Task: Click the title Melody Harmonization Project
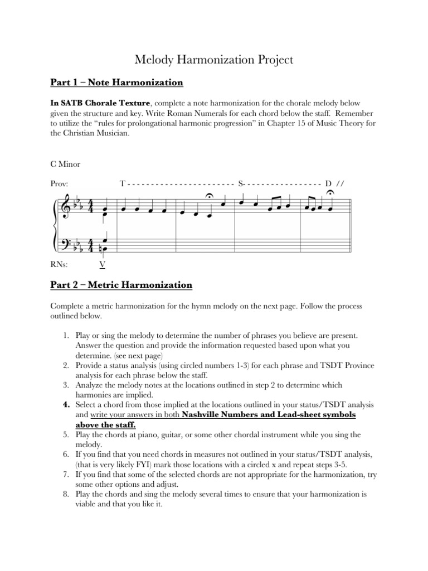coord(213,60)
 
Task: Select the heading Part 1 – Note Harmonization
coord(116,83)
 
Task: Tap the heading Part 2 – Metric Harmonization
coord(121,285)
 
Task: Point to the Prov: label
coord(59,183)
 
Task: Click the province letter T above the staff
coord(123,183)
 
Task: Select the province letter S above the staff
coord(241,183)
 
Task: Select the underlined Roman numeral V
coord(103,264)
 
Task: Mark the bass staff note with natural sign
coord(103,249)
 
